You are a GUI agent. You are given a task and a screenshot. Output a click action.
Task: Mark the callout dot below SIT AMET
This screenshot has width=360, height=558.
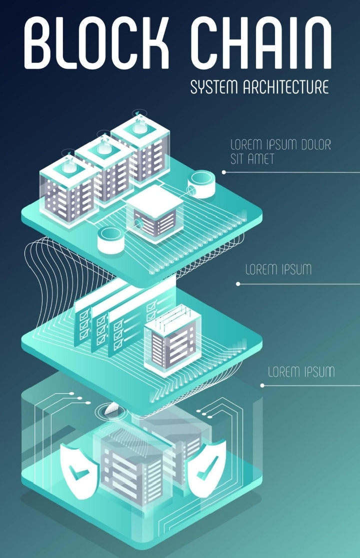pos(224,172)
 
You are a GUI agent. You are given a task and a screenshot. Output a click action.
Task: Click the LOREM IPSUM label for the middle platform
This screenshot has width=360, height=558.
pos(278,270)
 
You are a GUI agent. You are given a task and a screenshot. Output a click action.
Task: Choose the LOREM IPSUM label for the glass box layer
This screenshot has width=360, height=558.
pos(301,372)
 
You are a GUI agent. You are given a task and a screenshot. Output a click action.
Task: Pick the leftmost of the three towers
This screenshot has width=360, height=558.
pos(69,187)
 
